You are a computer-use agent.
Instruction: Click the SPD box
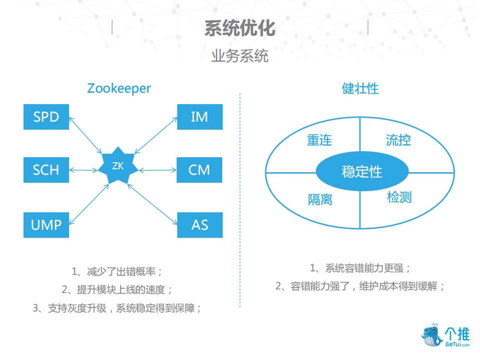46,117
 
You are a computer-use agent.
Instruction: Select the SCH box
46,170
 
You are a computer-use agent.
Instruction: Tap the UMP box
46,225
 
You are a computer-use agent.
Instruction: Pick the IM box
199,117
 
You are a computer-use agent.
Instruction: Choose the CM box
199,170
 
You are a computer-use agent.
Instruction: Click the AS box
199,225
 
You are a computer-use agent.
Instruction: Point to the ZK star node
118,166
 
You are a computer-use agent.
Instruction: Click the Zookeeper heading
119,88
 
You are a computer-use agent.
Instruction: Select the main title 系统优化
240,28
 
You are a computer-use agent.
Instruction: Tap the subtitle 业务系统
240,56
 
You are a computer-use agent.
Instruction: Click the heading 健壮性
360,89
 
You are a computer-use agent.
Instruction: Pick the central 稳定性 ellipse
362,172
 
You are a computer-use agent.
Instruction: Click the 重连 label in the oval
319,140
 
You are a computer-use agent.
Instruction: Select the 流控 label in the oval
398,140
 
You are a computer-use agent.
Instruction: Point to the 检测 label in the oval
399,197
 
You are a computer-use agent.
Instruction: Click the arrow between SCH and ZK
84,170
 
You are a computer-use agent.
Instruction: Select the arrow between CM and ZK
158,170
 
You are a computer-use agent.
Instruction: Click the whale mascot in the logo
431,335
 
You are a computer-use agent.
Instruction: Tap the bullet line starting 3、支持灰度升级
118,308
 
